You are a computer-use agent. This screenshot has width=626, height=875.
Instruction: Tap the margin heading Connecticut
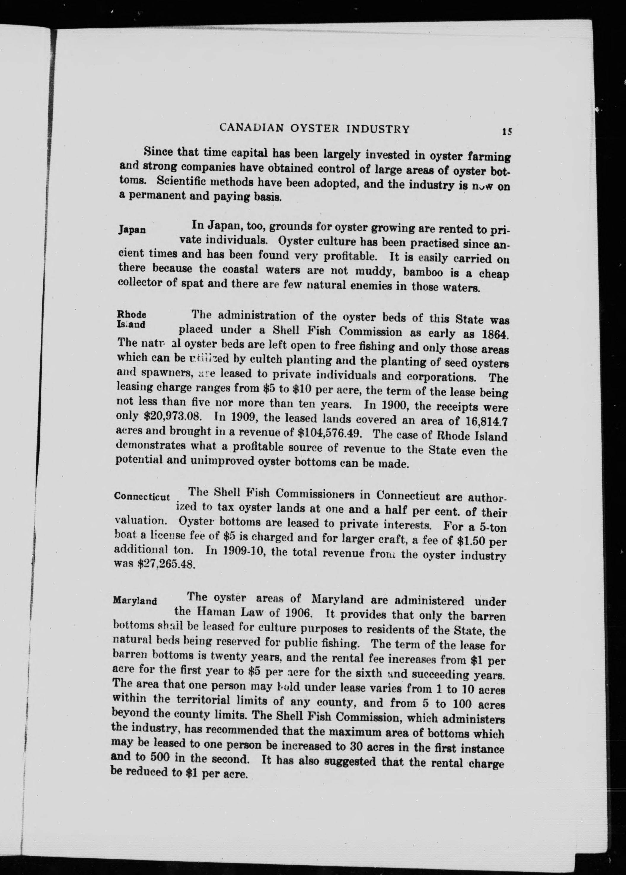point(142,497)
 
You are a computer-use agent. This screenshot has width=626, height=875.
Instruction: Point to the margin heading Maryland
point(135,601)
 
